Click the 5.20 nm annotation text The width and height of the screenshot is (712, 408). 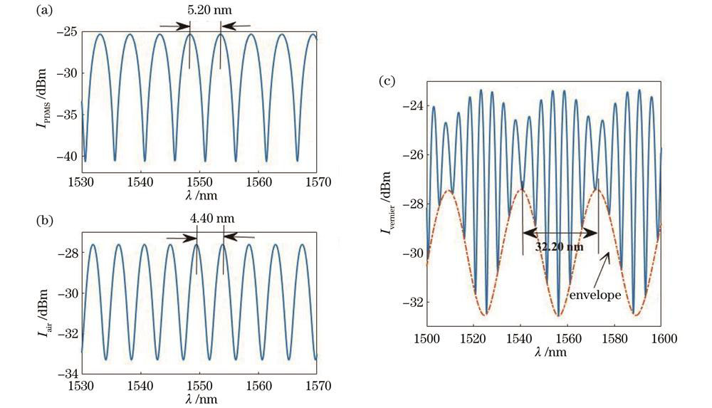(206, 11)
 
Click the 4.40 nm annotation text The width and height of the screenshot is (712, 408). (209, 219)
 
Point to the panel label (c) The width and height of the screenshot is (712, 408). (388, 80)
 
